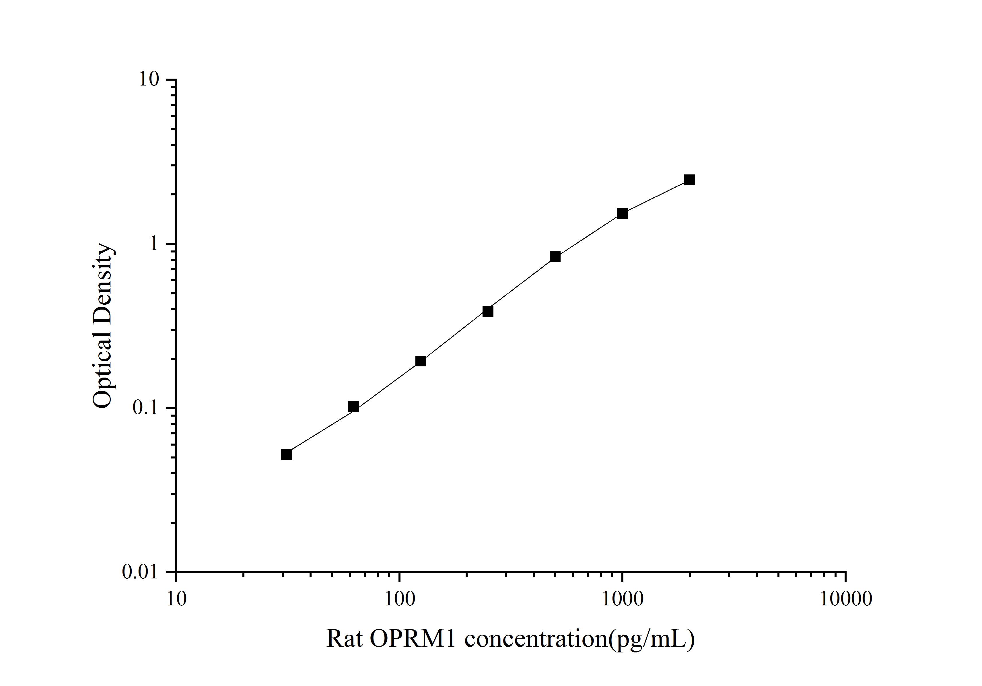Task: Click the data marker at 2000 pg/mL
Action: tap(689, 180)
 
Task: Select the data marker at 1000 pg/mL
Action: tap(622, 213)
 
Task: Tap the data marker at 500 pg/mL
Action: tap(555, 256)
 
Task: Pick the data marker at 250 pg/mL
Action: tap(488, 311)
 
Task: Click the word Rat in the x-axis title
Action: tap(344, 640)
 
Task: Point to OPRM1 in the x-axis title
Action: tap(413, 640)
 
